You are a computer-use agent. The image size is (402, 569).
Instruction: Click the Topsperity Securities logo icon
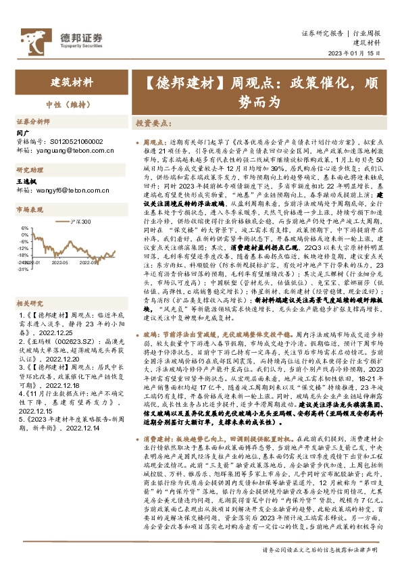click(32, 38)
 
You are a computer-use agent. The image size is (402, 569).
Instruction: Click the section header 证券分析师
click(32, 122)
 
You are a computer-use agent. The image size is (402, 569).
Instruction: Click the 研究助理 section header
click(30, 170)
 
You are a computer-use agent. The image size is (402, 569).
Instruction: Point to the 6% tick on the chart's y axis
click(24, 228)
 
